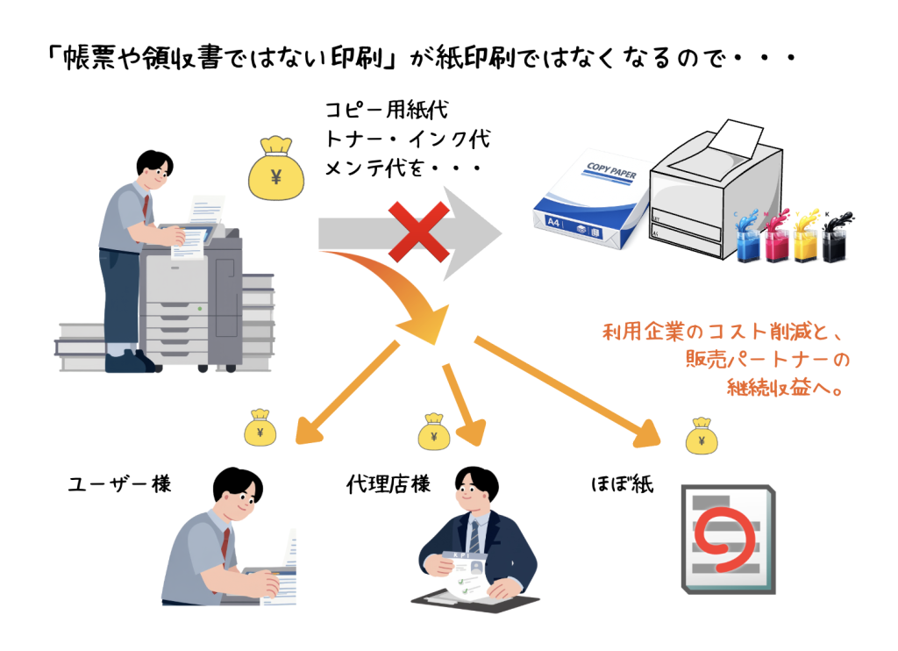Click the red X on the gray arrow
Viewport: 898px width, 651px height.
click(419, 232)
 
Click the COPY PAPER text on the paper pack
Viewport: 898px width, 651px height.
click(611, 170)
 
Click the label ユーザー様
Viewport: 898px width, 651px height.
click(119, 484)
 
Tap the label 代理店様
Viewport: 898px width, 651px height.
click(388, 484)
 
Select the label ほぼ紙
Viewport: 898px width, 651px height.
click(622, 484)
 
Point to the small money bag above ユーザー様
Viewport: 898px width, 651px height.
click(260, 427)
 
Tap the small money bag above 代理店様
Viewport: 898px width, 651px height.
click(433, 432)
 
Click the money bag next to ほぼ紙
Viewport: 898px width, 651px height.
click(702, 435)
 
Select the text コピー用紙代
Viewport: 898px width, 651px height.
click(387, 110)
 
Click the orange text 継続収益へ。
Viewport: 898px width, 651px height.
click(785, 388)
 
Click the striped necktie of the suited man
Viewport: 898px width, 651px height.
click(474, 536)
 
